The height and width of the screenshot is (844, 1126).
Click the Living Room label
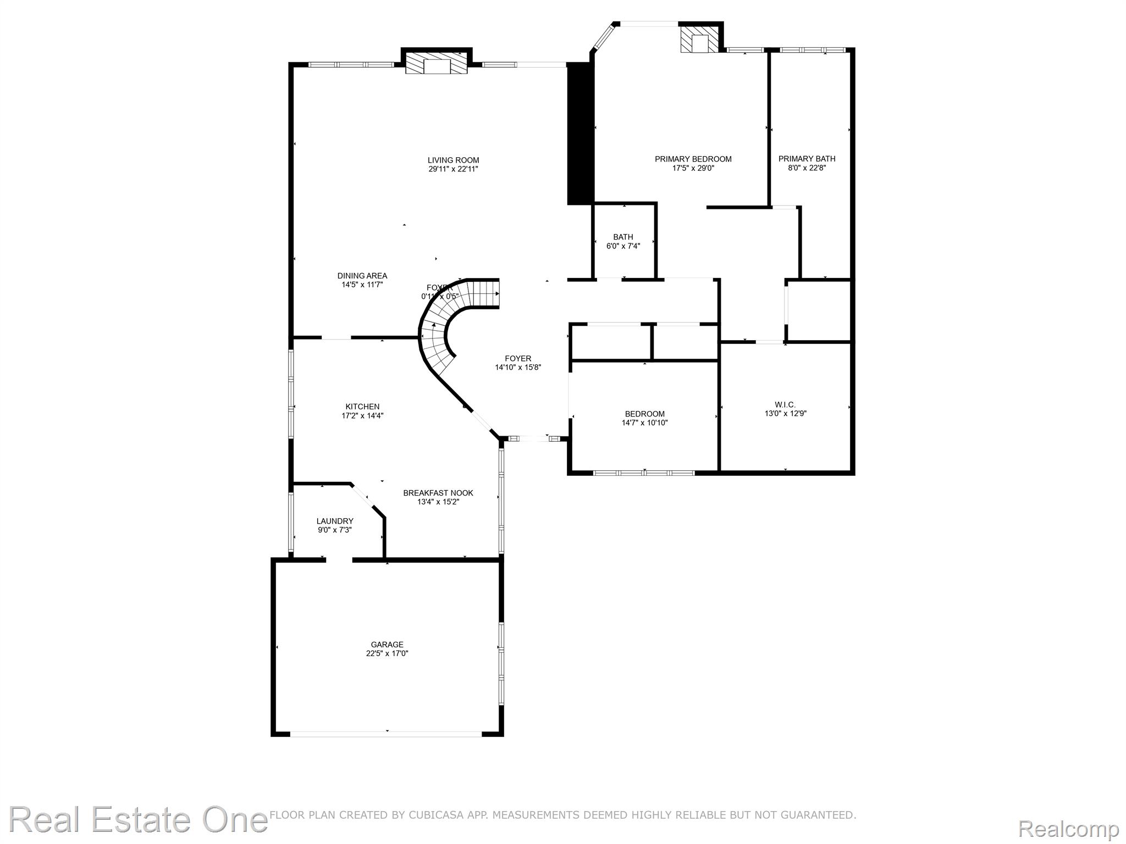tap(453, 160)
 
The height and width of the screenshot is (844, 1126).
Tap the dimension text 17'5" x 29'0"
tap(693, 169)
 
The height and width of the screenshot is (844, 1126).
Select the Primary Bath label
tap(807, 159)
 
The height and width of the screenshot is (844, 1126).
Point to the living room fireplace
tap(437, 64)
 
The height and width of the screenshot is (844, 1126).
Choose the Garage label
tap(387, 645)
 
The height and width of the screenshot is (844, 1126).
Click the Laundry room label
tap(334, 521)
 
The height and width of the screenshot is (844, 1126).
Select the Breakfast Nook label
tap(438, 493)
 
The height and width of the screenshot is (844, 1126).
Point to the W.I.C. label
tap(785, 405)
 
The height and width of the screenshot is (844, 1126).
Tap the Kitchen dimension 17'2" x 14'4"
tap(362, 416)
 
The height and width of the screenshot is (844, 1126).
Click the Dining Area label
tap(362, 276)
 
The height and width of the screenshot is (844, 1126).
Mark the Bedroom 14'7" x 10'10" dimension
tap(644, 423)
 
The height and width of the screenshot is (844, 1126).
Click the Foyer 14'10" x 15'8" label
tap(518, 359)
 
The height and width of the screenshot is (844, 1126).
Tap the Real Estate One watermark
tap(137, 819)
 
